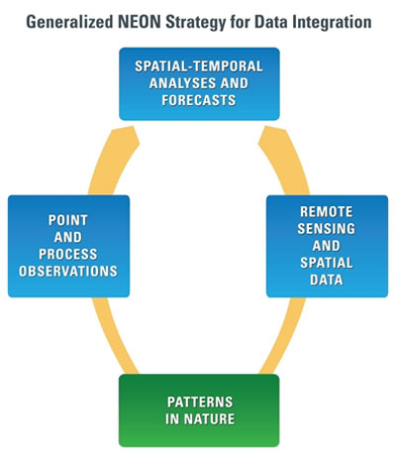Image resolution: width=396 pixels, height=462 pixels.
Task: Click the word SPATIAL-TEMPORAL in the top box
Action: pos(199,66)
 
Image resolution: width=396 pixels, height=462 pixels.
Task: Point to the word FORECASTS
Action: pos(199,100)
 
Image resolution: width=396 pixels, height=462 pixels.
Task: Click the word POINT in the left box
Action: pos(68,220)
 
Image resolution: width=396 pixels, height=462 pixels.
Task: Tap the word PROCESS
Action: pos(68,254)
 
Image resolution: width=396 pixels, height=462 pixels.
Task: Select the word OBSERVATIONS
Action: pos(68,272)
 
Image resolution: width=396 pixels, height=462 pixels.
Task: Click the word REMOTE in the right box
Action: pos(327,212)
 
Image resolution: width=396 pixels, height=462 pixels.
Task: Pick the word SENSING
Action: pos(327,229)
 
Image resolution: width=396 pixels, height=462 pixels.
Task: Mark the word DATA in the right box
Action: pos(327,280)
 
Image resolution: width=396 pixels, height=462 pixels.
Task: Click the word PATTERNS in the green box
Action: pos(200,403)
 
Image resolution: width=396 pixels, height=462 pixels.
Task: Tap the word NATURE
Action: pos(209,419)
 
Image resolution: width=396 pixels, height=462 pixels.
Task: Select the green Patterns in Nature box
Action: pos(199,410)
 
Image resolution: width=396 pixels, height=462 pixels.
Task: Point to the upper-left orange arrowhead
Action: pos(125,138)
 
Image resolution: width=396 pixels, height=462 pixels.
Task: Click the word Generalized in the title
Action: pos(69,22)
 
